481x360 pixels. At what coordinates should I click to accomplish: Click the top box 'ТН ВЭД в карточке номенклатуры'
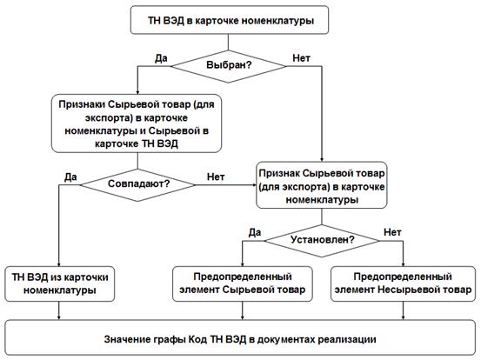click(230, 20)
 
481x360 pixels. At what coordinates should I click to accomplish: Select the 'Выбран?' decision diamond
click(229, 66)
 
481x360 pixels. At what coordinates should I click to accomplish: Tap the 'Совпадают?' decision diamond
click(137, 185)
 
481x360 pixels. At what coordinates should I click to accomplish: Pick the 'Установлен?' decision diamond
click(322, 241)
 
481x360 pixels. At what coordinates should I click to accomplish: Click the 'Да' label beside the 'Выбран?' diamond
click(161, 58)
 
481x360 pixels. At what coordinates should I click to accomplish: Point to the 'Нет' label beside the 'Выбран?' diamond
click(301, 58)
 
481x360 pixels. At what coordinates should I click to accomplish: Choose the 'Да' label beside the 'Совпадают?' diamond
click(70, 177)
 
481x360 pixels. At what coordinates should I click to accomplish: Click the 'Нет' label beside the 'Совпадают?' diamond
click(216, 177)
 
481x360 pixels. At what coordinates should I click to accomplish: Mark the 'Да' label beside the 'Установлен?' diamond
click(255, 232)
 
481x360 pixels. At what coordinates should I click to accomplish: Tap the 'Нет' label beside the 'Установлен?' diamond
click(392, 232)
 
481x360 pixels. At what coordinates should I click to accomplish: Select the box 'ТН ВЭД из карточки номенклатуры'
click(60, 283)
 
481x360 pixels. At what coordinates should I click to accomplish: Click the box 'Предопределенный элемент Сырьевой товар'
click(243, 283)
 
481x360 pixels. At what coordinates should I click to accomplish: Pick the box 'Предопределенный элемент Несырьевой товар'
click(403, 283)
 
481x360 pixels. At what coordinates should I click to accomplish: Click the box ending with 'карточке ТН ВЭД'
click(137, 123)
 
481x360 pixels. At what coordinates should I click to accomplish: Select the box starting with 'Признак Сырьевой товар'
click(322, 185)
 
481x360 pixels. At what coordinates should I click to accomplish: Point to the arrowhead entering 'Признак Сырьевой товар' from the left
click(254, 185)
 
